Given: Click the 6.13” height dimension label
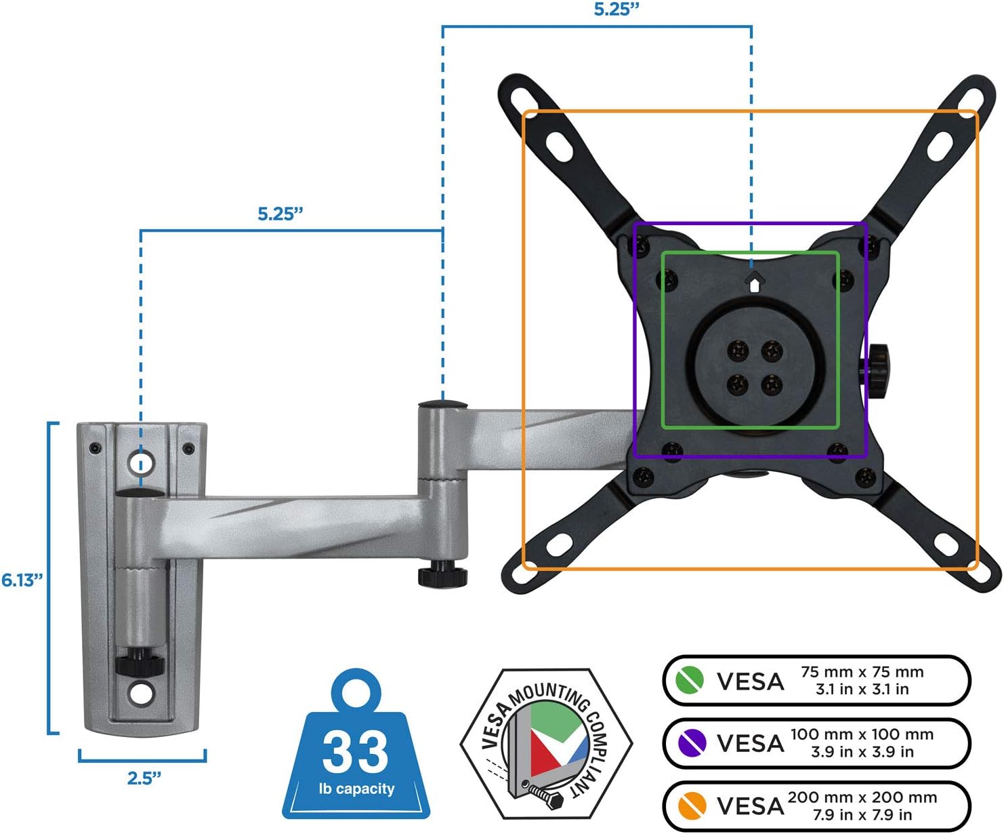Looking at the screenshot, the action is click(22, 580).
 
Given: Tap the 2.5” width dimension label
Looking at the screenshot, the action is click(144, 778).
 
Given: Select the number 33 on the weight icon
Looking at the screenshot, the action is click(356, 751).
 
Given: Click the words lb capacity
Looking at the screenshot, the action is click(357, 789).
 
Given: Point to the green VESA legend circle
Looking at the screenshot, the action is click(690, 681).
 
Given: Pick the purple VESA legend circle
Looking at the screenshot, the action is click(692, 742).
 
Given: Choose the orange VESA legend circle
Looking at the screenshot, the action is click(692, 806).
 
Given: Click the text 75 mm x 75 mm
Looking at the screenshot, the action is click(862, 672).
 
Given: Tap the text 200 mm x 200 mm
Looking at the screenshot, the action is click(862, 797).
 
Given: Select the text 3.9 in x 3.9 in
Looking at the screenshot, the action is click(862, 752).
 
